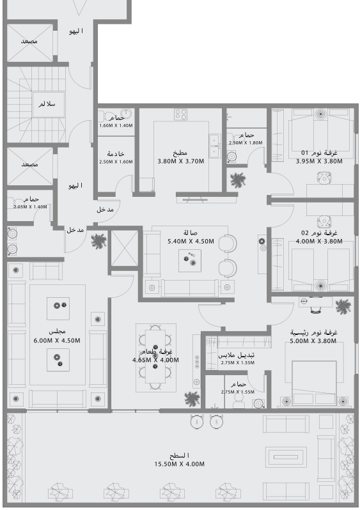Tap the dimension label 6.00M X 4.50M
[57, 340]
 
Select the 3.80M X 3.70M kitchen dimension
[180, 161]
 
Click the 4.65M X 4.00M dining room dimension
[155, 360]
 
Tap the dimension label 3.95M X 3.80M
[319, 162]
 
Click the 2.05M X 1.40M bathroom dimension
[30, 207]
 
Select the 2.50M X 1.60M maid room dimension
[116, 162]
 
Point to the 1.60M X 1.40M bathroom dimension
[116, 125]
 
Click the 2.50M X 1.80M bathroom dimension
[246, 143]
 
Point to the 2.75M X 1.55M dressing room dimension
[237, 362]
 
